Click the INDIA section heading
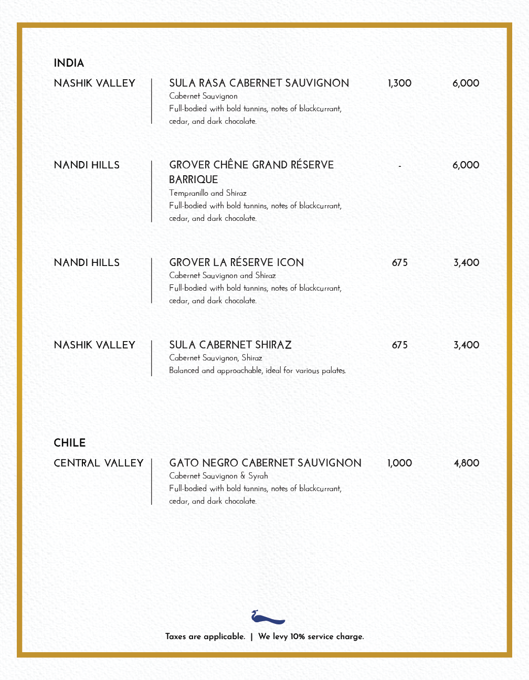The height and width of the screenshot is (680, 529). point(69,63)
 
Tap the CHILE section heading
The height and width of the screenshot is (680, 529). point(70,443)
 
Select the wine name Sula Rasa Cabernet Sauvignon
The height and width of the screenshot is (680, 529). point(259,83)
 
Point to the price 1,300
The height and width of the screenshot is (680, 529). point(399,83)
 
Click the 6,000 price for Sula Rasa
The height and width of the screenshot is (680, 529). point(465,83)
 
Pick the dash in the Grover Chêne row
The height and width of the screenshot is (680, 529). point(400,166)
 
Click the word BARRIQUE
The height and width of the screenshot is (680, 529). point(193,179)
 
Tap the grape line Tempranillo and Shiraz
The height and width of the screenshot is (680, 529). point(208,193)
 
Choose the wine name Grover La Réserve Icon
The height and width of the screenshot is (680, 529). point(236,263)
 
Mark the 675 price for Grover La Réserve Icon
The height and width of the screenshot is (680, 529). point(399,263)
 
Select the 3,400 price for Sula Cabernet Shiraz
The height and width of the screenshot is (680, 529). point(466,345)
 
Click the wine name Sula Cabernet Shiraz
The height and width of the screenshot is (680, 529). point(230,345)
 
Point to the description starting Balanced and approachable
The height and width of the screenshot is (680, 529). point(257,370)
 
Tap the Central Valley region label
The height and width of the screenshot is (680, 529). point(99,463)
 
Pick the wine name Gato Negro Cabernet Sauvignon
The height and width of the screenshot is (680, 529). point(265,463)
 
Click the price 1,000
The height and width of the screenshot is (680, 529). point(399,463)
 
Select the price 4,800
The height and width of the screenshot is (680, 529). point(466,463)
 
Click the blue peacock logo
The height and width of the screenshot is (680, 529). point(267,617)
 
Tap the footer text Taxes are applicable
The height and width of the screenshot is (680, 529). point(205,636)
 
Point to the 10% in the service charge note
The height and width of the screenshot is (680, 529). point(298,636)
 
